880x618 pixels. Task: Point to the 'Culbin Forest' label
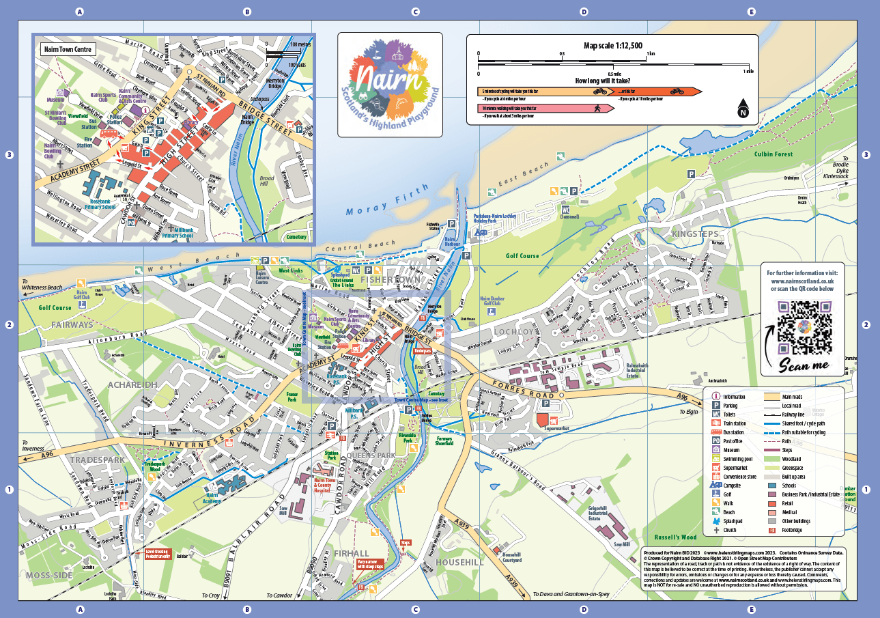773,154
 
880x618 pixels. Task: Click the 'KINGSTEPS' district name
695,234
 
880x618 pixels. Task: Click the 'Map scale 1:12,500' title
612,45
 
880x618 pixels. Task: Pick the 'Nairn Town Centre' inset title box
67,50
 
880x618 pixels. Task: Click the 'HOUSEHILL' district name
459,562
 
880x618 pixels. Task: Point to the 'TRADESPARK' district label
97,460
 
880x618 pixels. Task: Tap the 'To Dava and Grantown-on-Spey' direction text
571,595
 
